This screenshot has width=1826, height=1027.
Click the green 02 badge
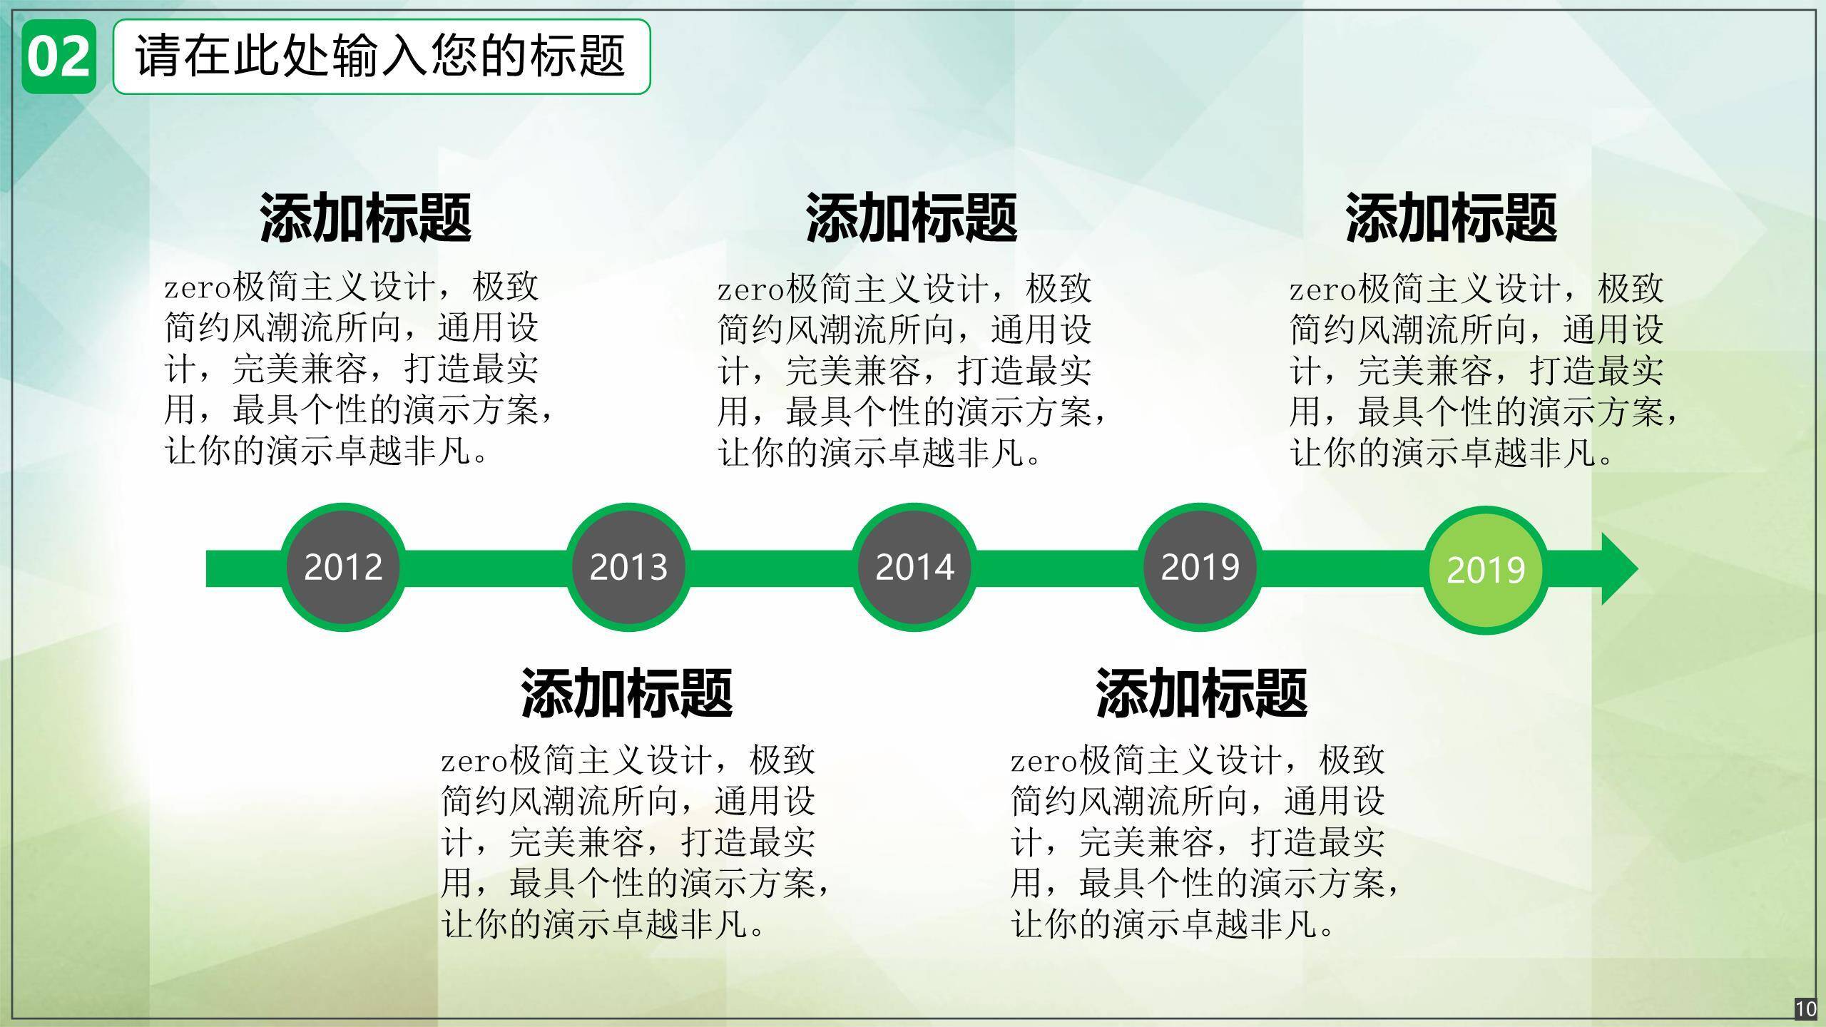(58, 56)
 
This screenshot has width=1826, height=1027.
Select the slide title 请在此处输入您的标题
(381, 56)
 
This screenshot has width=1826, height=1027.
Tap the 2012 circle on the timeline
(343, 568)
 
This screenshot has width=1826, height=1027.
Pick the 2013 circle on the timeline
(628, 568)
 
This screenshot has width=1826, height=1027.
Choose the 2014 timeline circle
(914, 568)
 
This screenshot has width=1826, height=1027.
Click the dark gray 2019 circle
(1200, 568)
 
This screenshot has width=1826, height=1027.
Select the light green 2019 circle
(1486, 570)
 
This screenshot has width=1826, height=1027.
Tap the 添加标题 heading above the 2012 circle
(365, 218)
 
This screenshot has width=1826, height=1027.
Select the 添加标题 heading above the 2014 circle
(912, 218)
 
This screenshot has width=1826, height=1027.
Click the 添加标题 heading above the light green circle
(1451, 218)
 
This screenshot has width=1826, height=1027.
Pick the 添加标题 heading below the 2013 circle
(627, 693)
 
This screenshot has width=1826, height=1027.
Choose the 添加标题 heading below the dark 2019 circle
(1202, 693)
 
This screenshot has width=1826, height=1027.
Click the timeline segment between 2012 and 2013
(486, 568)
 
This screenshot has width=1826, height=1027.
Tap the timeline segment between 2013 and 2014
(772, 568)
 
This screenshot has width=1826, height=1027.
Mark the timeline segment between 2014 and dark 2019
(1057, 568)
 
